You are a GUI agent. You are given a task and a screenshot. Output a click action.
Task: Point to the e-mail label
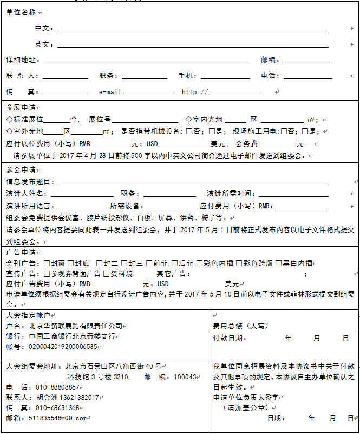pos(112,92)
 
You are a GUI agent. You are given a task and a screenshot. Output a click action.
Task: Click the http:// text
pos(194,92)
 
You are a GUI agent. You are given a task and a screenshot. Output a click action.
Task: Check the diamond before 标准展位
pos(9,119)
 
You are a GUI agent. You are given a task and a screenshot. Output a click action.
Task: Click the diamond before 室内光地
pos(188,119)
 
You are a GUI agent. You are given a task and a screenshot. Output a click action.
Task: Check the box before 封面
pos(47,263)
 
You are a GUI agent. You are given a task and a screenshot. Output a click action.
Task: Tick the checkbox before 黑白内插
pos(279,263)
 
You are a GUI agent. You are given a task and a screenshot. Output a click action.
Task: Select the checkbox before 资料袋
pos(107,273)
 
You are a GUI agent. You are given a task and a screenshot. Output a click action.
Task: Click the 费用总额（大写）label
pos(240,326)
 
